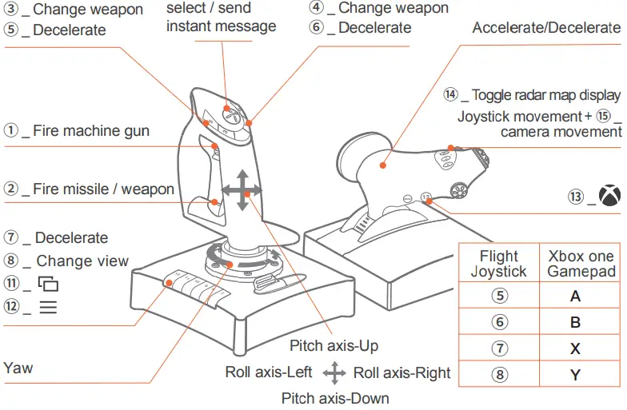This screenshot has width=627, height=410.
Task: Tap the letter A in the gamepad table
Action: [x=575, y=297]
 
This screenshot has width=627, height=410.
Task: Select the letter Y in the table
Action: [x=575, y=374]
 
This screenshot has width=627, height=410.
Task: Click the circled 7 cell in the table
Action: [x=499, y=348]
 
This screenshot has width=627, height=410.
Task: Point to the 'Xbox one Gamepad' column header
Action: [x=581, y=264]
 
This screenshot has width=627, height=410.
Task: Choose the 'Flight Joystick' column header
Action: [x=499, y=264]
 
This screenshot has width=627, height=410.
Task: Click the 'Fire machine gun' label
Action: [x=90, y=130]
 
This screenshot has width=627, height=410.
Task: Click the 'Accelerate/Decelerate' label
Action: [x=546, y=28]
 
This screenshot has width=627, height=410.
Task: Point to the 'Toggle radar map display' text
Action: [x=546, y=95]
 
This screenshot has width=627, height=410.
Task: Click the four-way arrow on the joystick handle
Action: [x=242, y=190]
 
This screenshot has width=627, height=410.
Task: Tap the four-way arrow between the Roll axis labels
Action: [x=334, y=372]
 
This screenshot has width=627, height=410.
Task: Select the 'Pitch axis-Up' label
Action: [x=333, y=346]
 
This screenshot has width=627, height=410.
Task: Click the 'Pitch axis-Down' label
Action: [x=335, y=398]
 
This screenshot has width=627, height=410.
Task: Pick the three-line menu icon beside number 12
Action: [x=48, y=307]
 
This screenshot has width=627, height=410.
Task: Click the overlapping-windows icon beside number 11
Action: [x=49, y=284]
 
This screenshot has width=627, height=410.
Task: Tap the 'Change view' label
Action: [x=82, y=261]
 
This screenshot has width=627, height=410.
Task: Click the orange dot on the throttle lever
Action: [x=383, y=166]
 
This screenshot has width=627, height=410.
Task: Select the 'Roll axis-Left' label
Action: [x=269, y=372]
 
